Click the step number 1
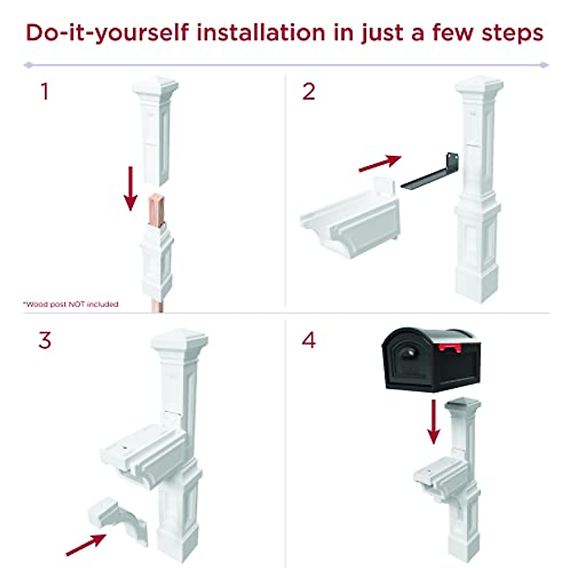click(45, 92)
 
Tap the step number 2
click(309, 92)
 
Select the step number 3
click(45, 340)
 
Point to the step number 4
click(309, 340)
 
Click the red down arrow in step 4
click(433, 421)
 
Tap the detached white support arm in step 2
click(350, 219)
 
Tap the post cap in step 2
click(479, 87)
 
